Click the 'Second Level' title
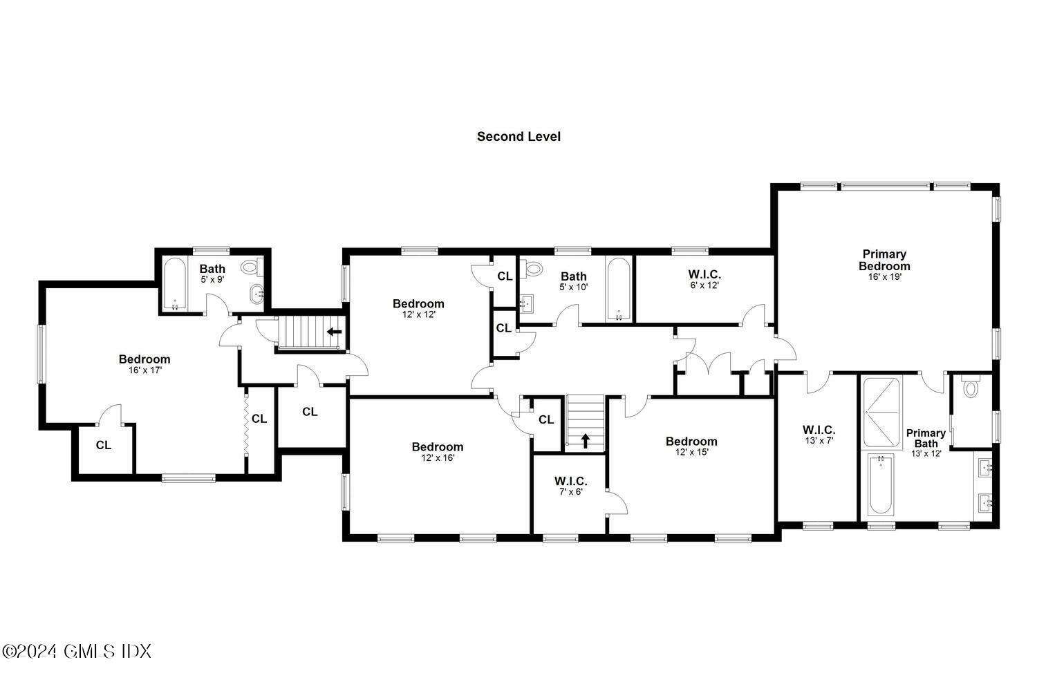[x=518, y=137]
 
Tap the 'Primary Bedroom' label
[x=884, y=260]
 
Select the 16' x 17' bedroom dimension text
[x=144, y=370]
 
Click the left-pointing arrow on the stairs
[x=334, y=332]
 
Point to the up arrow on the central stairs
[x=586, y=439]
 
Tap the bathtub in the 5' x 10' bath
[x=618, y=289]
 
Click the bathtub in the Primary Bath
[x=880, y=484]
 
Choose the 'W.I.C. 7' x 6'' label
[x=570, y=486]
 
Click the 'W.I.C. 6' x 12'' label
[x=704, y=279]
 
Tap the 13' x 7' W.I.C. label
[x=819, y=434]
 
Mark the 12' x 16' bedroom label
[x=437, y=452]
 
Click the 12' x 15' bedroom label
[x=691, y=446]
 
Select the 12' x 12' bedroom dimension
[x=418, y=314]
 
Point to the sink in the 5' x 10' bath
[x=527, y=301]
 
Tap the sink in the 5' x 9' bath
[x=259, y=294]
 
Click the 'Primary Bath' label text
[x=926, y=438]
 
